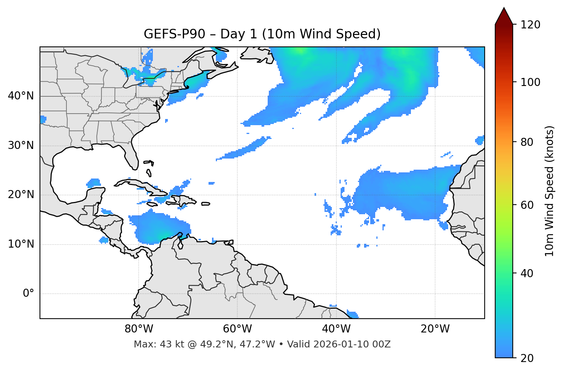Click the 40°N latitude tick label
[21, 96]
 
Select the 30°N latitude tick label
[21, 145]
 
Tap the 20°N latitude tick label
[21, 195]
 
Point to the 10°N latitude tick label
[21, 244]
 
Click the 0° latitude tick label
[28, 294]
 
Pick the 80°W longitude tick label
[139, 329]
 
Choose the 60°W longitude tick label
[237, 329]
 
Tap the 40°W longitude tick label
[336, 329]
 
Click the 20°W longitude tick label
[435, 329]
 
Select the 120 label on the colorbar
[530, 25]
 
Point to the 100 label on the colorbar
[530, 82]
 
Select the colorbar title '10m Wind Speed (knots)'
[550, 191]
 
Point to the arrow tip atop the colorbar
[504, 8]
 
